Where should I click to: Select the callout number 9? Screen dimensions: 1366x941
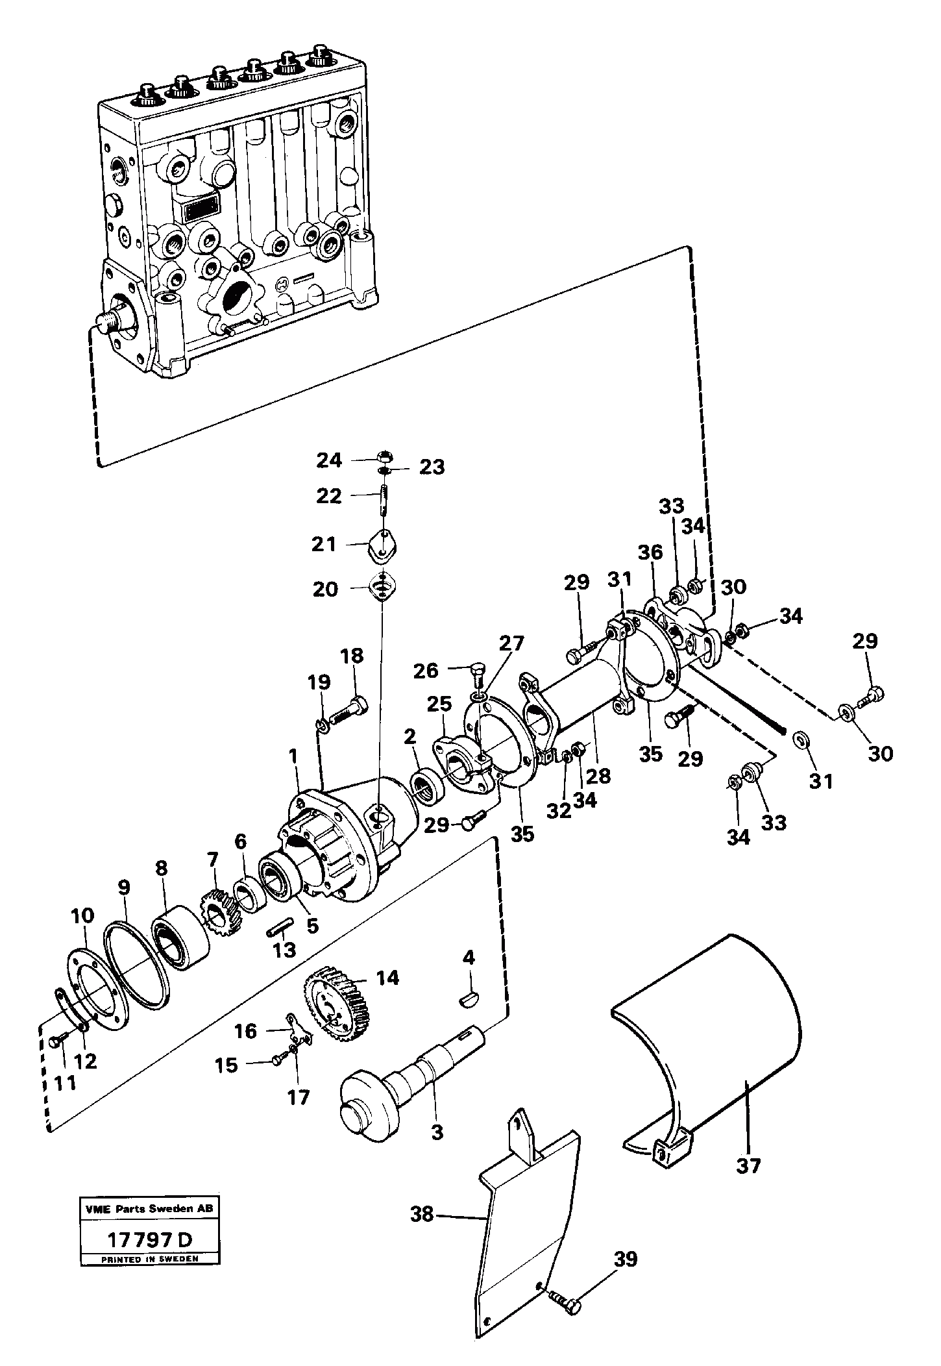click(124, 887)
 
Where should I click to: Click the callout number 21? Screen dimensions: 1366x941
click(324, 543)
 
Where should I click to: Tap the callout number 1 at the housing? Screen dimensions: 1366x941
click(293, 756)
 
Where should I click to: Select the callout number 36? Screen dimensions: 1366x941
click(650, 552)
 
